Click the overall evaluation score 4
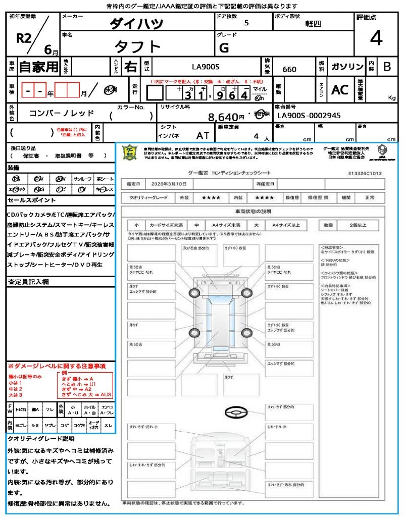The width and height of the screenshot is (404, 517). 376,38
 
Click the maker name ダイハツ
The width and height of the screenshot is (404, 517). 137,24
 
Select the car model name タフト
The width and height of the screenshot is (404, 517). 137,47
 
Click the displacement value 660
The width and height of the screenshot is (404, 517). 289,69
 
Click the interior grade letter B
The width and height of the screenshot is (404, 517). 387,67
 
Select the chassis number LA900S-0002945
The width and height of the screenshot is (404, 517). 309,116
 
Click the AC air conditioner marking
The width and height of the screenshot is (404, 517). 340,90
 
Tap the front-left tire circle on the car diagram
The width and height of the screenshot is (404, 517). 194,293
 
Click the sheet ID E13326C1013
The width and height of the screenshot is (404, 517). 365,173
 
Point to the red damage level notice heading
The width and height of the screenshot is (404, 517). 56,366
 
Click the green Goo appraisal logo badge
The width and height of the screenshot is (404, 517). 130,153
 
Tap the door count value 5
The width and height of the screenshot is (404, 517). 246,23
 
